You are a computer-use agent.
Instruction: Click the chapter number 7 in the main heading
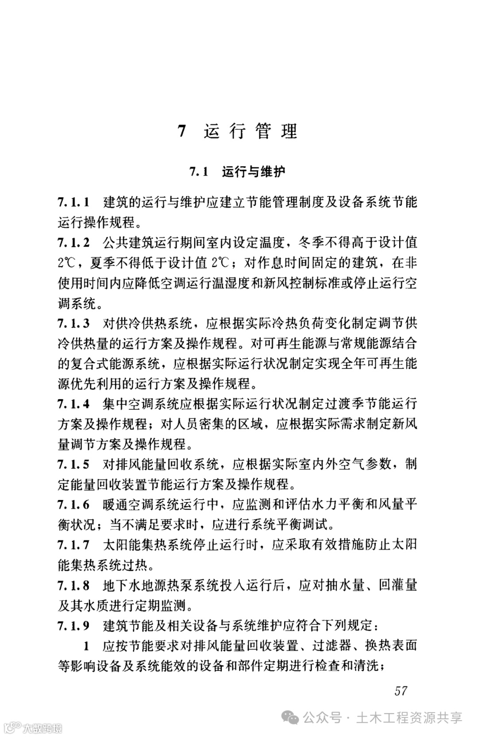182,132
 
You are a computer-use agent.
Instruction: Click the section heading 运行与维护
254,171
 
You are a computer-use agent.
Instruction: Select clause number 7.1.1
74,202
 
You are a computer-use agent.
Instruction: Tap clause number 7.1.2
74,243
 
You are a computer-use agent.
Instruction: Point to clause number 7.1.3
74,323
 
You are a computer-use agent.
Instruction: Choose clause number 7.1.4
74,404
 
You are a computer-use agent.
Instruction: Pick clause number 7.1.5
74,464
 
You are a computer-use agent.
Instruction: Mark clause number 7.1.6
74,504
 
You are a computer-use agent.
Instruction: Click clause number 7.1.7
74,545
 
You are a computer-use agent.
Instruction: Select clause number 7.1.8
74,585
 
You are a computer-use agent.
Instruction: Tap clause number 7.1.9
74,625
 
